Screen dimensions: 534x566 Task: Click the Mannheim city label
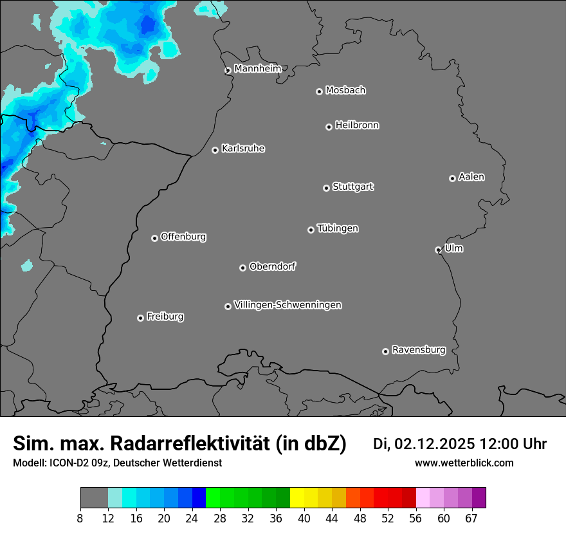click(257, 68)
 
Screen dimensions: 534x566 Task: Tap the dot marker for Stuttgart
click(326, 188)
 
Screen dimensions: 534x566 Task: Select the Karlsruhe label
click(243, 149)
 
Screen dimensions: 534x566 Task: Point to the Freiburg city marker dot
click(140, 318)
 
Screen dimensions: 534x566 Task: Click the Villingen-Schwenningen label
click(288, 305)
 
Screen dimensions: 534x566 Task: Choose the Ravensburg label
click(418, 350)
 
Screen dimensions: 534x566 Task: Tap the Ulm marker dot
click(438, 250)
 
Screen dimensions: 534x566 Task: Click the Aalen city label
click(471, 177)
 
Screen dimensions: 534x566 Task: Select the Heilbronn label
click(357, 125)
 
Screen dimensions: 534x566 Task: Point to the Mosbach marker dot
click(319, 91)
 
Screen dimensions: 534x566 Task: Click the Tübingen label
click(338, 228)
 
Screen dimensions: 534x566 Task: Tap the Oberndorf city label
click(272, 266)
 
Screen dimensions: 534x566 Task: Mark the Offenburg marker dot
click(154, 238)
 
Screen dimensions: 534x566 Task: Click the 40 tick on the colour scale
click(304, 517)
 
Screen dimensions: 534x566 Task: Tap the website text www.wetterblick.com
click(464, 463)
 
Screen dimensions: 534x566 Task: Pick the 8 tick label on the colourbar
click(80, 517)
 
